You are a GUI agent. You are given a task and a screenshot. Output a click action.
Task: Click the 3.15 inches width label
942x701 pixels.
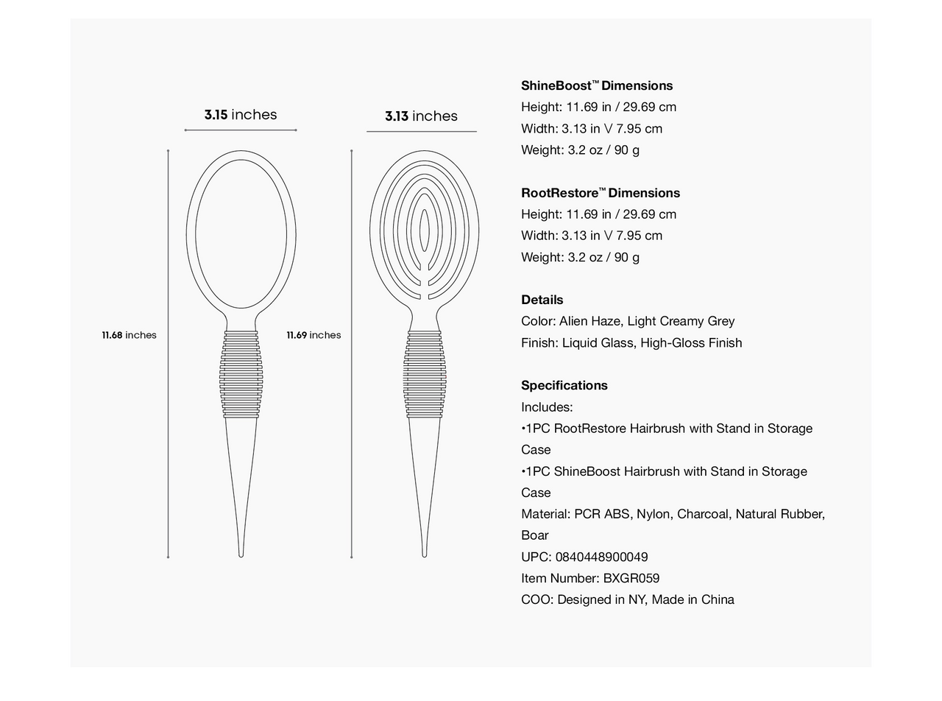click(x=241, y=115)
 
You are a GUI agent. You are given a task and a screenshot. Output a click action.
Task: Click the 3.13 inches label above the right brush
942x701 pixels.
click(x=421, y=116)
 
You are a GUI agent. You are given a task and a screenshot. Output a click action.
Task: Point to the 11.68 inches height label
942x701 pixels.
click(x=129, y=335)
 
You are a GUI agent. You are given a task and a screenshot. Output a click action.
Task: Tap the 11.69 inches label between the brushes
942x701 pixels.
click(x=314, y=335)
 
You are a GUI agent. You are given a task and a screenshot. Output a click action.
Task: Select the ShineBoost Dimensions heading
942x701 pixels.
click(x=597, y=86)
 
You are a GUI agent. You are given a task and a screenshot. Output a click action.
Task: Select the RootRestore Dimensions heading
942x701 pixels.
click(x=601, y=193)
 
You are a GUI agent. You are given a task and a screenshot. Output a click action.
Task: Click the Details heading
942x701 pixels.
click(x=542, y=300)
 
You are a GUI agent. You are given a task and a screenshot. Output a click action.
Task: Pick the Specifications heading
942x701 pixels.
click(x=564, y=385)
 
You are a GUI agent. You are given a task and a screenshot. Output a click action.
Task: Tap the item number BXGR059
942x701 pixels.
click(x=631, y=578)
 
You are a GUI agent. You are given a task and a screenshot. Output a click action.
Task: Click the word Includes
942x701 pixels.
click(x=547, y=406)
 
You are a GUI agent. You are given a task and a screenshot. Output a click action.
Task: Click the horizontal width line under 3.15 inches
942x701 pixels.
click(x=241, y=130)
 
